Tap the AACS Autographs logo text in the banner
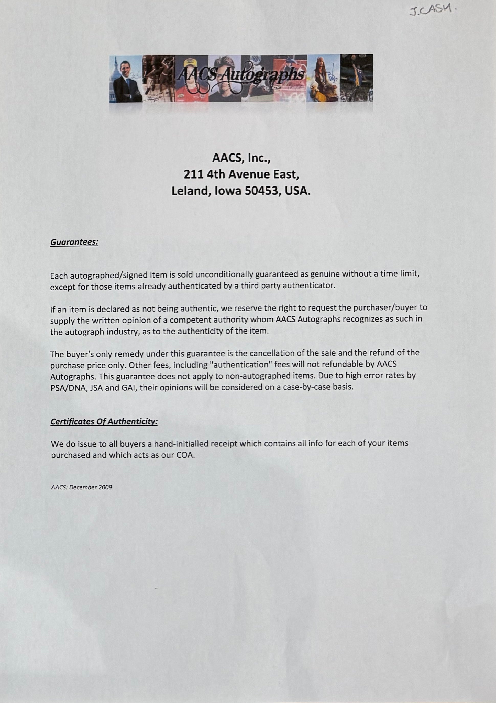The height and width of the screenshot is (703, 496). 241,74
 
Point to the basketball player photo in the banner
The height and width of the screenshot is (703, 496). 357,78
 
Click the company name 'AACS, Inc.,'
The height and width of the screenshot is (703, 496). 241,158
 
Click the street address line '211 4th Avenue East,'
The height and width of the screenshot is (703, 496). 241,174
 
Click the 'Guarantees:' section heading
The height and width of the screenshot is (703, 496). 74,242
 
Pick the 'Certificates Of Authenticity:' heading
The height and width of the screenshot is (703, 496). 104,422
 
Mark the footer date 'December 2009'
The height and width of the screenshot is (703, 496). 91,487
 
